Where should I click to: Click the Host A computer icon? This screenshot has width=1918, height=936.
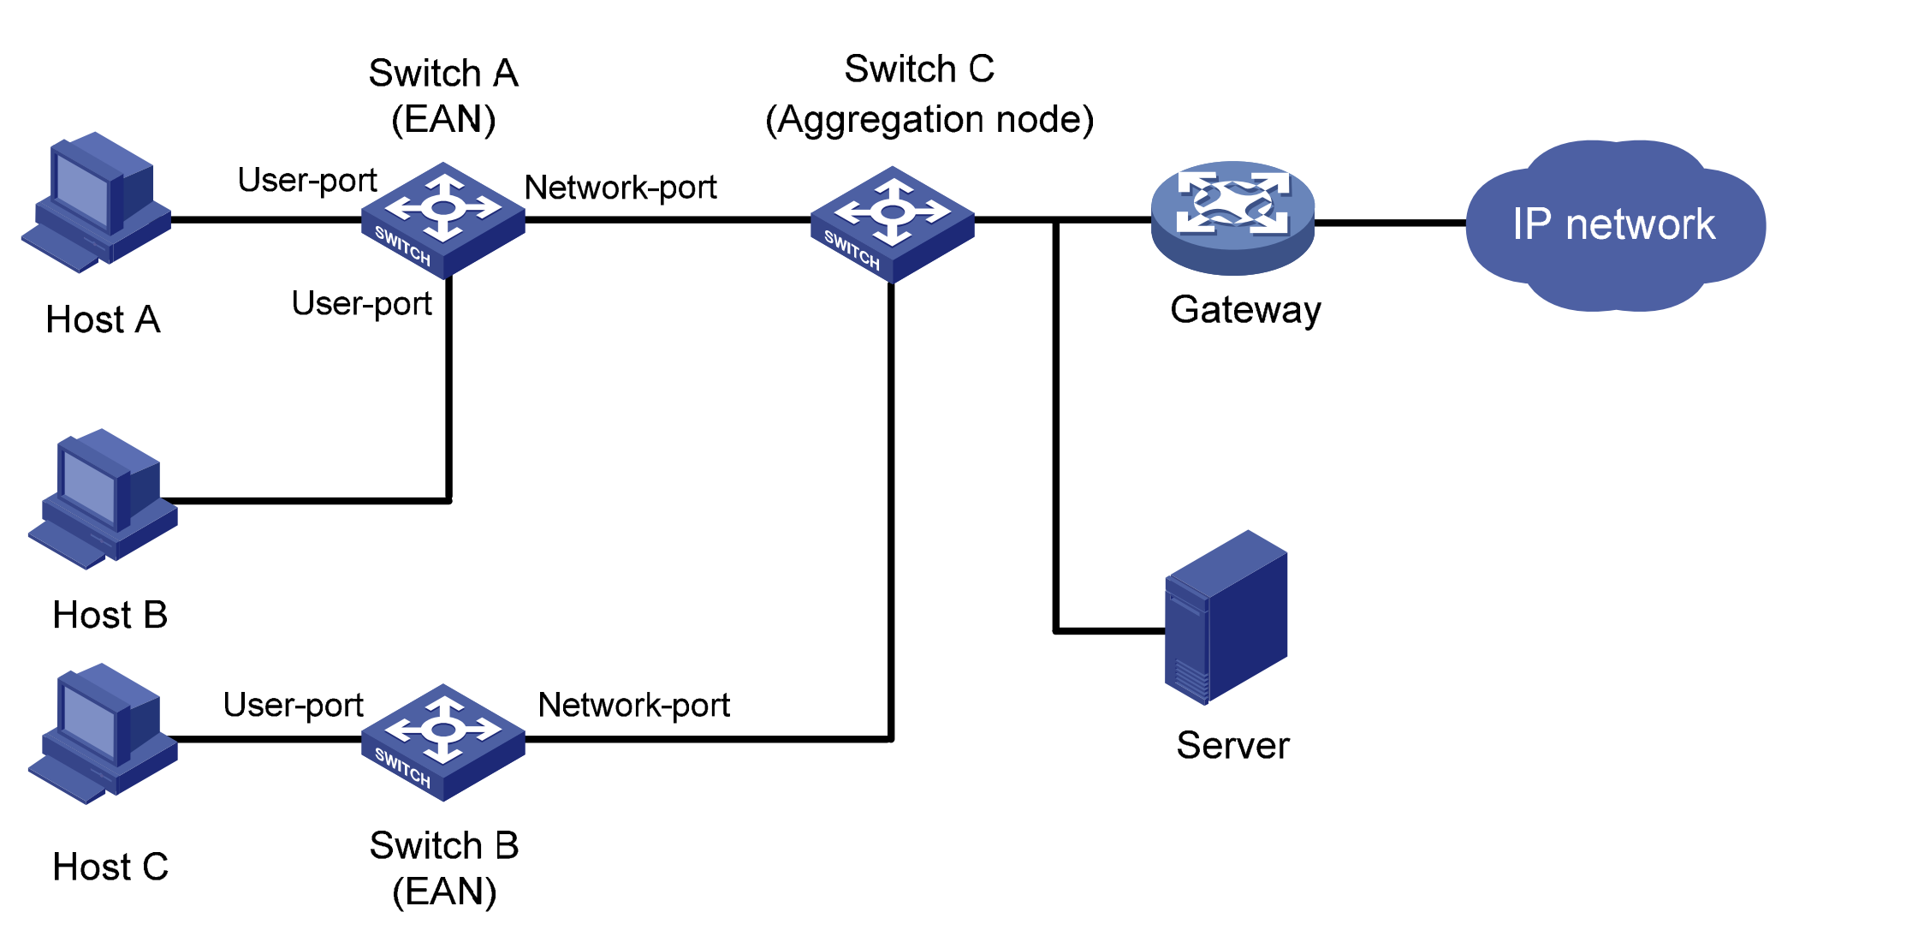(96, 204)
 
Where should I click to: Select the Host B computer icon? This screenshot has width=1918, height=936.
(103, 499)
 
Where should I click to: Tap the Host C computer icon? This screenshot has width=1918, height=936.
(103, 734)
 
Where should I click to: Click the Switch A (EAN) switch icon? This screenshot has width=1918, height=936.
(442, 220)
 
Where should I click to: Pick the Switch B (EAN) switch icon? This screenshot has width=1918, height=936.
(442, 742)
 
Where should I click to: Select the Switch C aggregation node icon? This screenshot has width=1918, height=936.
(892, 224)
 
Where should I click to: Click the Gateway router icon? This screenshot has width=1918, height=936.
(1232, 218)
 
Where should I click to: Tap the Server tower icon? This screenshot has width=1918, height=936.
(1226, 617)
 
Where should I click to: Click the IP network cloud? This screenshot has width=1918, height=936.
(1614, 225)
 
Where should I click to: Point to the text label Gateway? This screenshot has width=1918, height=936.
(1245, 310)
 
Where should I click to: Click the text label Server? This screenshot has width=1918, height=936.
(1232, 745)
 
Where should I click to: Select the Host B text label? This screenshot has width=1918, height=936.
(110, 615)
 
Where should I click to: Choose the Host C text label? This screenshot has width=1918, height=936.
(110, 867)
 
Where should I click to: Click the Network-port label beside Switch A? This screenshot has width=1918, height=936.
(621, 188)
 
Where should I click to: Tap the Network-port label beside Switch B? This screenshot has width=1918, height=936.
(633, 705)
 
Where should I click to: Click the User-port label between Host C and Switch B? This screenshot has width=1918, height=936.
(293, 705)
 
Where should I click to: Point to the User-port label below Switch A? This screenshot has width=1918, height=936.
(361, 303)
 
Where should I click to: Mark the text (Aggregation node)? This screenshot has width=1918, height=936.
(929, 120)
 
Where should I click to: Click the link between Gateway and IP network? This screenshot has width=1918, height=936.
(1390, 223)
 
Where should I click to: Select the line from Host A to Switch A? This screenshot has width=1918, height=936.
(265, 220)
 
